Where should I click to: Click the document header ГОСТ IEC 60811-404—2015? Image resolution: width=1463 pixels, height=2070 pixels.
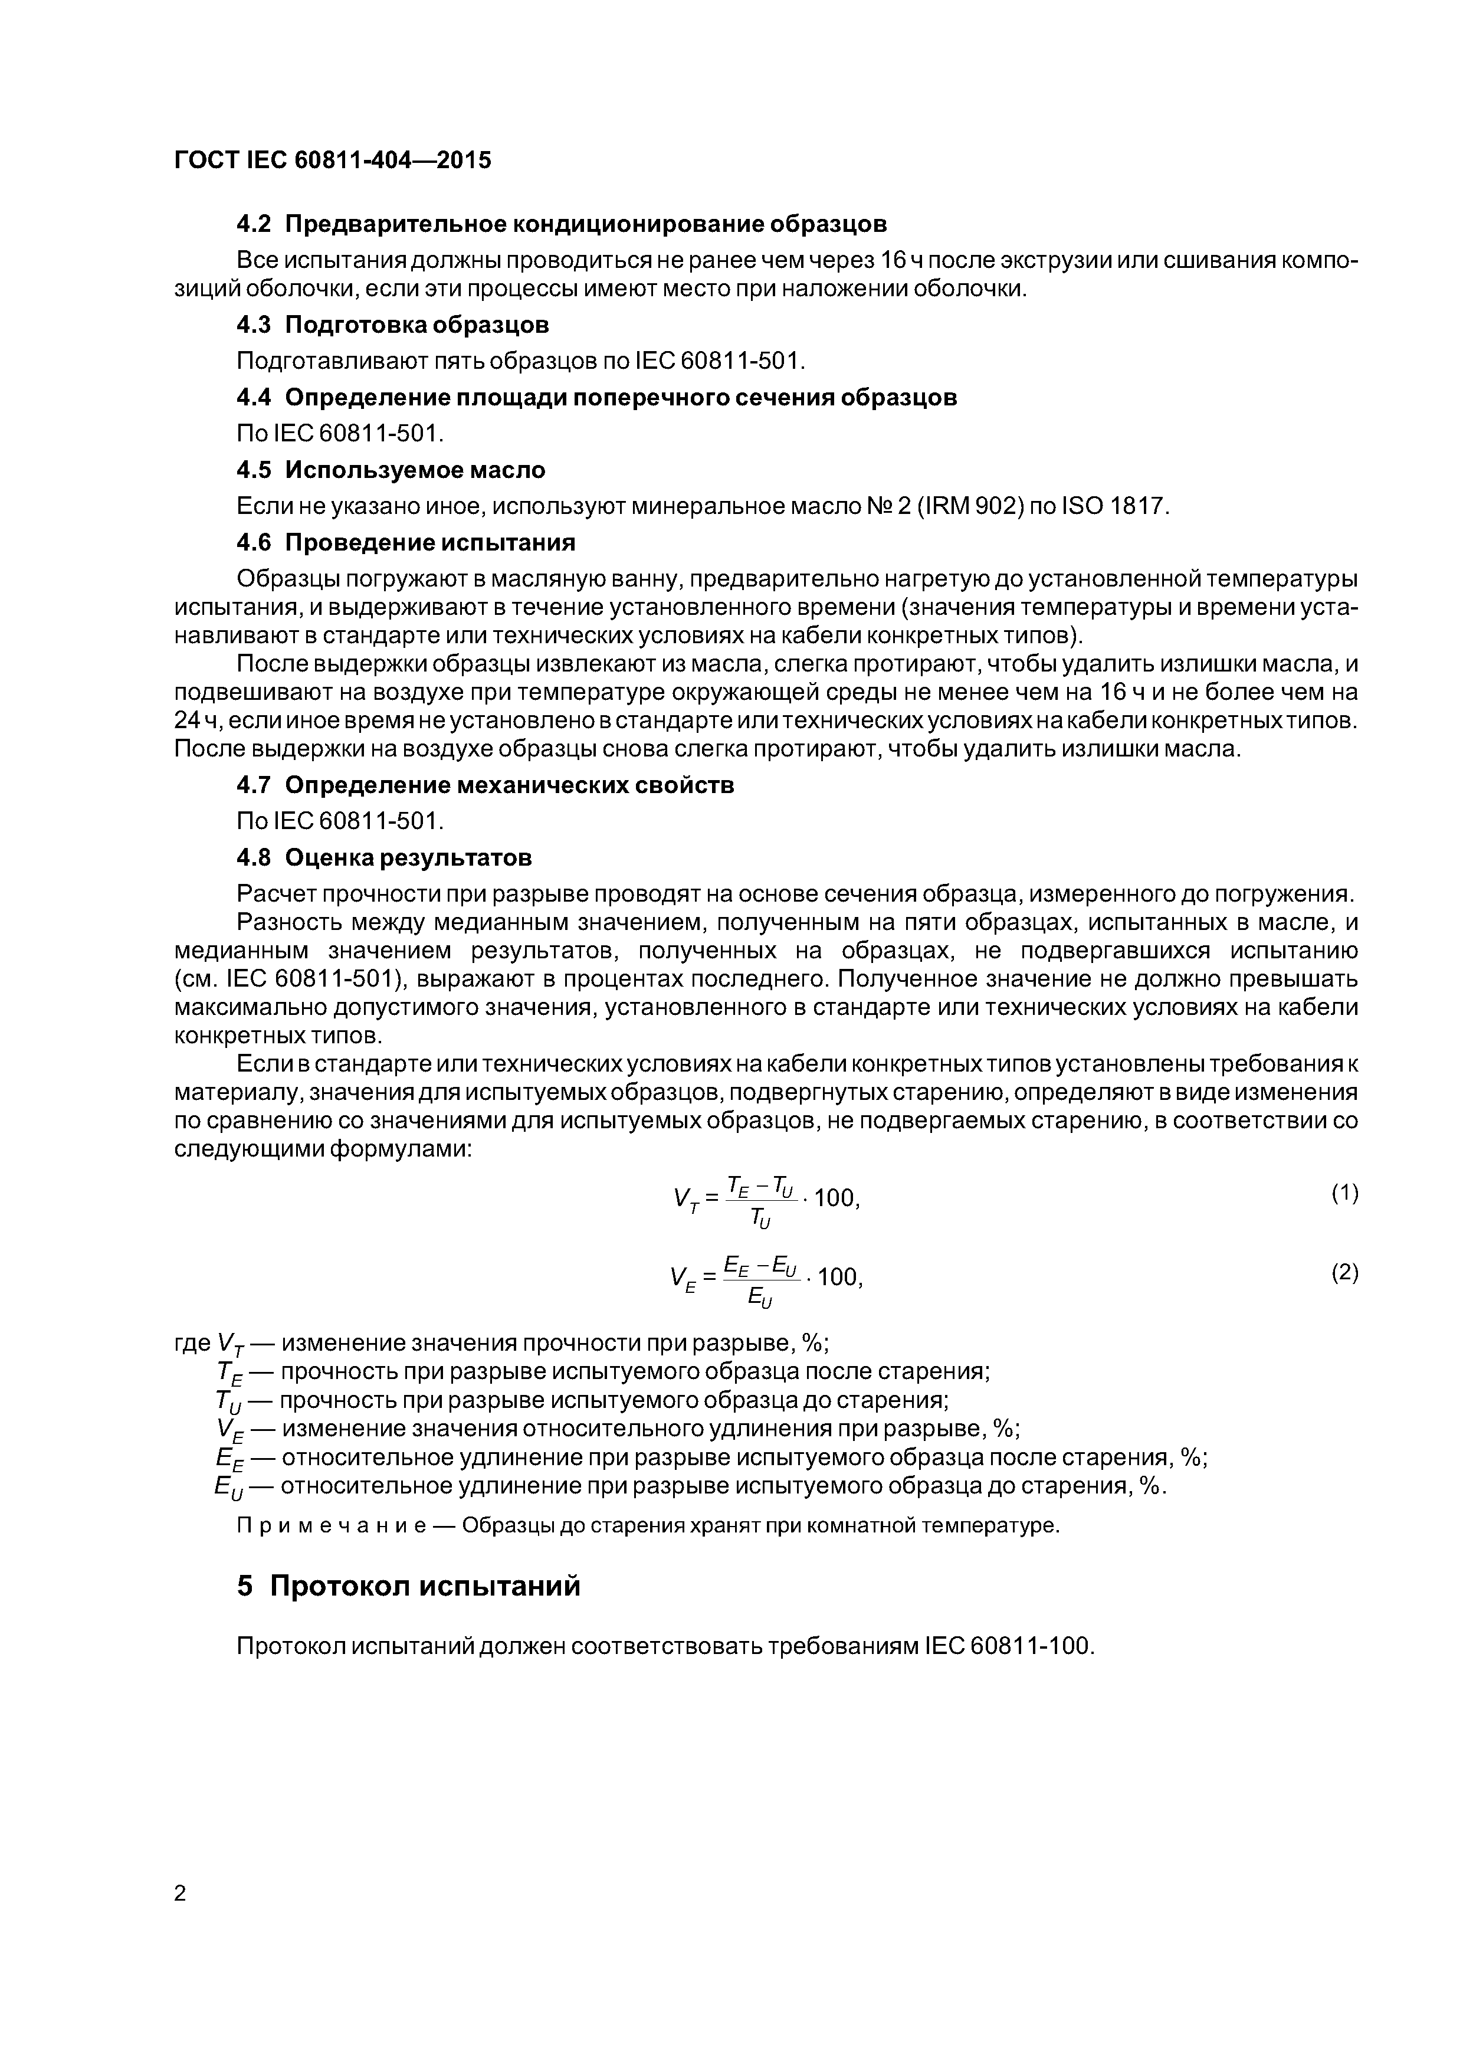tap(333, 161)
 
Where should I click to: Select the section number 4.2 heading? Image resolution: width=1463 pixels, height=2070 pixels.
tap(253, 222)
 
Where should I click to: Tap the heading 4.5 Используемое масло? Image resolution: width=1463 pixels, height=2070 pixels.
tap(391, 470)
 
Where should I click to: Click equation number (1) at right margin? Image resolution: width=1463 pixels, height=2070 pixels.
tap(1344, 1194)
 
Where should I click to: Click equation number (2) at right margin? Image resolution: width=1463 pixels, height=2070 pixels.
tap(1344, 1272)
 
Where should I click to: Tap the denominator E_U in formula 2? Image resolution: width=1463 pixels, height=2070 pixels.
tap(760, 1298)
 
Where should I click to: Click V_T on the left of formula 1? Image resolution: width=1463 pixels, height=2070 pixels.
tap(685, 1199)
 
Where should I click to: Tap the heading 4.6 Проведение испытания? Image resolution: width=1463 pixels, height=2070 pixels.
tap(406, 543)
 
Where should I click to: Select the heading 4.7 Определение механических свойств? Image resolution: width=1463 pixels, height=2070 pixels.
tap(485, 785)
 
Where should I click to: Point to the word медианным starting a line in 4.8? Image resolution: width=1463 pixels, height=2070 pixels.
tap(242, 951)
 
